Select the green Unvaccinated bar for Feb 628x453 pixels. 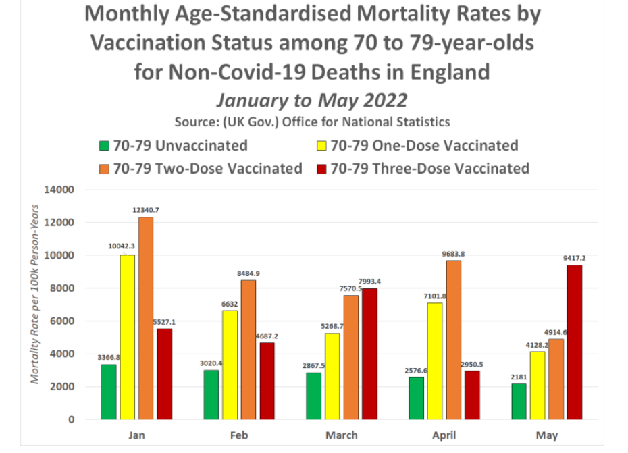click(211, 394)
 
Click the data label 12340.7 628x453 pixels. click(146, 210)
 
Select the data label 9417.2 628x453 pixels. click(574, 258)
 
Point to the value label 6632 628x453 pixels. click(230, 304)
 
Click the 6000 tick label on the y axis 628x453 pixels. click(61, 321)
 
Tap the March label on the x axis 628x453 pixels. click(342, 435)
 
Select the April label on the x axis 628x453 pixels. click(444, 435)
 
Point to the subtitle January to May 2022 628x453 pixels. click(311, 100)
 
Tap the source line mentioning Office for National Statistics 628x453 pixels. click(313, 122)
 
